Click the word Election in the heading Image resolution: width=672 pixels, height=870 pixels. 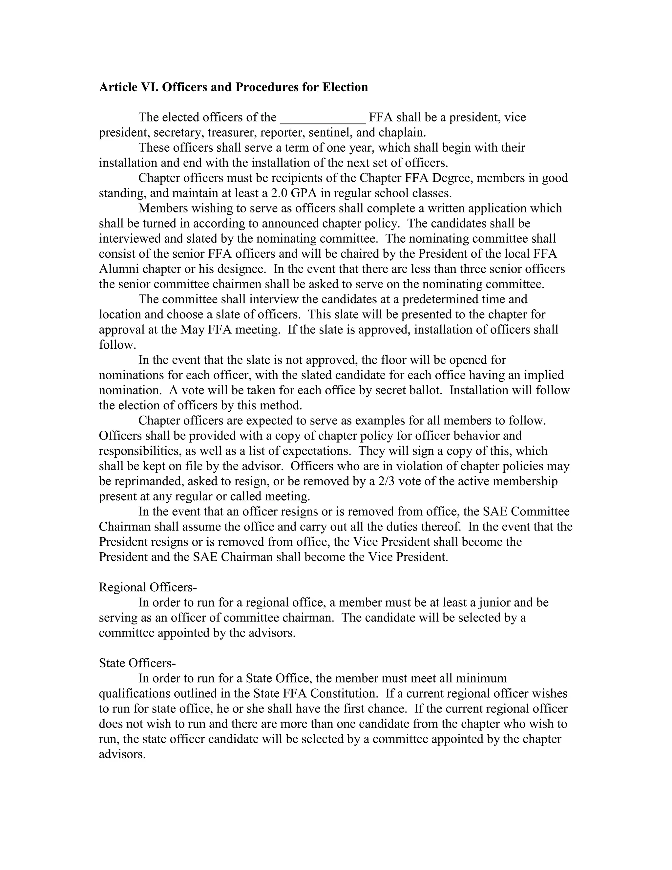pos(345,87)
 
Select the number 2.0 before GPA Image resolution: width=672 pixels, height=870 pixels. pos(279,193)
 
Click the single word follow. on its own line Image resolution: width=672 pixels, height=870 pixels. pos(117,345)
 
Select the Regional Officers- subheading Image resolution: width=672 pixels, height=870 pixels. pos(148,587)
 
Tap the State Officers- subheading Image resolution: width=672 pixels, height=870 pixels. pos(137,663)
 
